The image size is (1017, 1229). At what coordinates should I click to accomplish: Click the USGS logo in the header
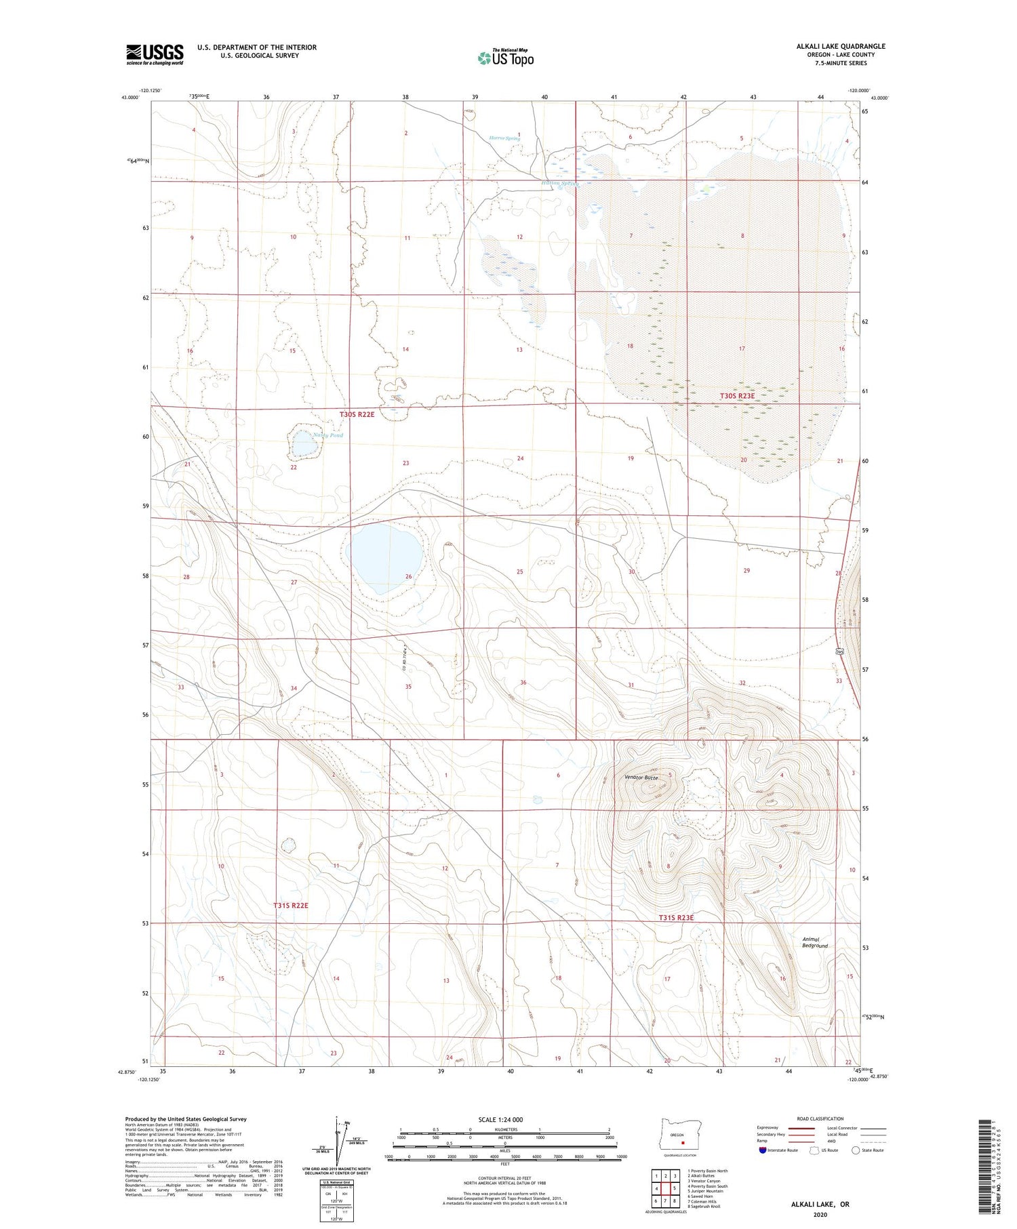point(155,54)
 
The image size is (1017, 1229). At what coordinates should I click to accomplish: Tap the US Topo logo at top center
point(505,58)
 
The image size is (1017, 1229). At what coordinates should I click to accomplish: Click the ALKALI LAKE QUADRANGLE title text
point(840,46)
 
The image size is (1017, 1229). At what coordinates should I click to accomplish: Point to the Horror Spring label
point(504,138)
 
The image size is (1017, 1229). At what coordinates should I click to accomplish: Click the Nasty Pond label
point(328,435)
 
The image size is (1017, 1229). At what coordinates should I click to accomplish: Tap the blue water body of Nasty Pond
point(303,445)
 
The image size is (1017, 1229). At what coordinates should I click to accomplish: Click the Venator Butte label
point(640,778)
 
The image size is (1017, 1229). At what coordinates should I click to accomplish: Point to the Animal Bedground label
point(815,942)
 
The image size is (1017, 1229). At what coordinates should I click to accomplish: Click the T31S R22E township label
point(291,906)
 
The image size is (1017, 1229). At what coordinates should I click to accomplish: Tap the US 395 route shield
point(840,651)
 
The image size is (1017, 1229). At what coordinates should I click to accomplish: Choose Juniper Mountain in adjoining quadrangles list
point(706,1190)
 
